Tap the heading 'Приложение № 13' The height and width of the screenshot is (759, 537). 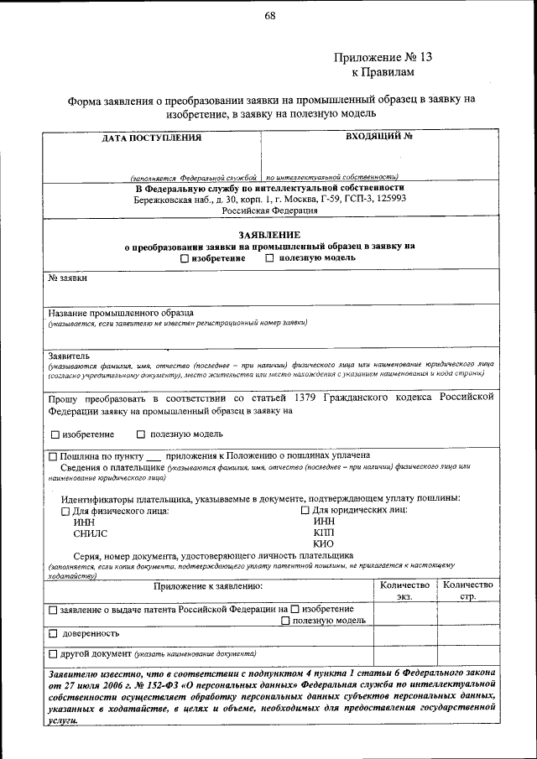[383, 58]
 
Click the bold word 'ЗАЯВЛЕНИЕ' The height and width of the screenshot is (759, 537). [269, 235]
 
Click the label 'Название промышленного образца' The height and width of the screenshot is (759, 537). [120, 313]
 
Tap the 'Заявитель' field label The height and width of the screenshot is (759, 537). [70, 356]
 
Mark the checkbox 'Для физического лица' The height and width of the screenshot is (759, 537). [67, 511]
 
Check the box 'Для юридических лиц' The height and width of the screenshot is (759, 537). [306, 510]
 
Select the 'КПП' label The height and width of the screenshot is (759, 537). [323, 532]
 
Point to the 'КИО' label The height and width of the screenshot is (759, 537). [323, 543]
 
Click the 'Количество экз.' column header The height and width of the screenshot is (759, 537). [404, 590]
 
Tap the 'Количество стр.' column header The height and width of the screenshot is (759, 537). [467, 590]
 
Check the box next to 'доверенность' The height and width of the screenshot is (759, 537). [54, 634]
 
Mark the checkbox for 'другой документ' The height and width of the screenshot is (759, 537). [54, 654]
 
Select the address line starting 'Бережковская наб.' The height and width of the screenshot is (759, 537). [269, 200]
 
